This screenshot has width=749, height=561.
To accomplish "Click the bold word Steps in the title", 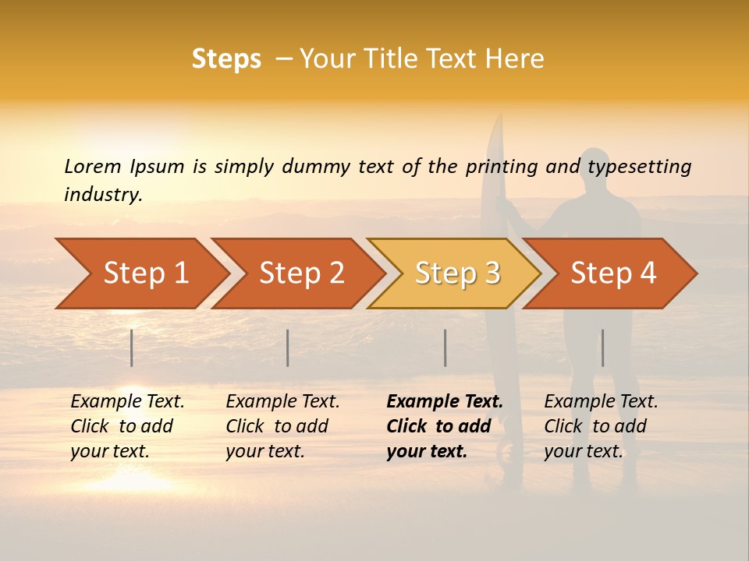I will [x=226, y=59].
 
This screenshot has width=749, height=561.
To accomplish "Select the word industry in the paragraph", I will [x=103, y=195].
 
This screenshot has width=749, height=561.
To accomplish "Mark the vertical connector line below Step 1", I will [x=132, y=348].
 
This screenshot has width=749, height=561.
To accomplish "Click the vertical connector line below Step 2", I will [x=288, y=348].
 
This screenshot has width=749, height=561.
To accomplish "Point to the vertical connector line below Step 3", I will [x=445, y=348].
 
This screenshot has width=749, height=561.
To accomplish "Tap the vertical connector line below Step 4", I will [x=603, y=348].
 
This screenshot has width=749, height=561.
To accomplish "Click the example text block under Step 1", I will [x=127, y=426].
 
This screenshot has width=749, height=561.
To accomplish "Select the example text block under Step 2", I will [x=282, y=426].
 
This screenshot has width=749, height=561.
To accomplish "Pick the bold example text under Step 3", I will [x=445, y=426].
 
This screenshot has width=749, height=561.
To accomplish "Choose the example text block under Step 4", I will [x=601, y=426].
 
